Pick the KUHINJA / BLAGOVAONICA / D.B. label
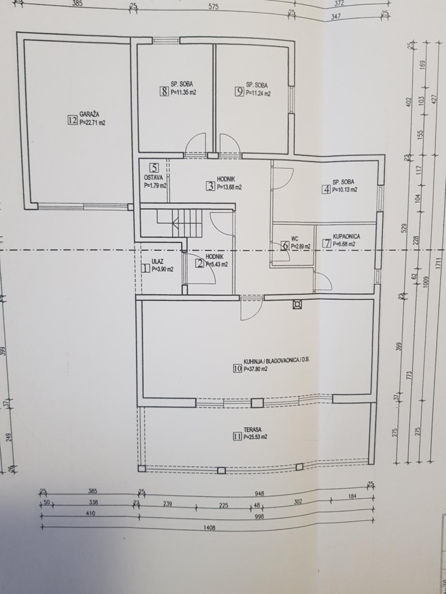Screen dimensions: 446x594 click(276, 360)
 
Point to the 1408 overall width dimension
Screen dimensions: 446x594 click(210, 528)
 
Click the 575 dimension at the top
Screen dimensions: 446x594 click(214, 7)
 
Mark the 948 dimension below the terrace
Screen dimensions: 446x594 click(260, 493)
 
